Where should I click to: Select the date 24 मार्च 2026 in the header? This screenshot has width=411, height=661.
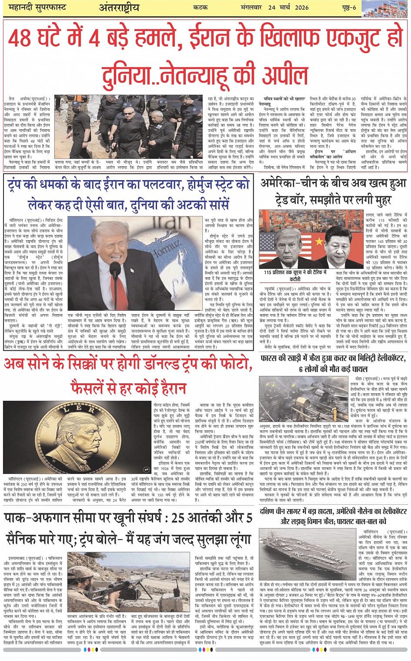[288, 8]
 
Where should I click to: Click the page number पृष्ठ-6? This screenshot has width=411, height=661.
[348, 8]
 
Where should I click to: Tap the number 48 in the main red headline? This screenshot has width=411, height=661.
[20, 38]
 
